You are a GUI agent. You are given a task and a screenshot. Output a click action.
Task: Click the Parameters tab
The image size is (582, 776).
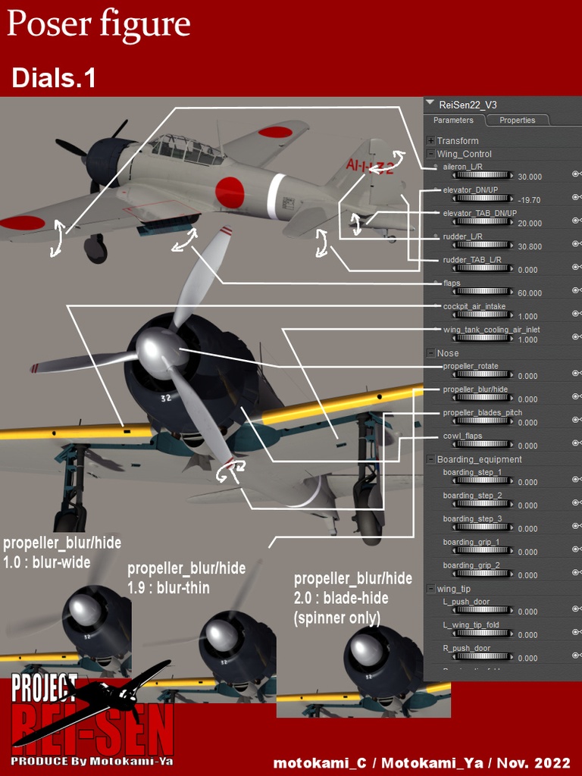point(453,120)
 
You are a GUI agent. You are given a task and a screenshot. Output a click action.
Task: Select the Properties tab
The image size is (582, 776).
point(517,120)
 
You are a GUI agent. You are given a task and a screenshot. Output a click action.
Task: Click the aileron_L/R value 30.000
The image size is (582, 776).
point(530,177)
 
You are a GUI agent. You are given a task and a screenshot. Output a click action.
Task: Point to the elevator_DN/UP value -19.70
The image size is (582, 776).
point(529,200)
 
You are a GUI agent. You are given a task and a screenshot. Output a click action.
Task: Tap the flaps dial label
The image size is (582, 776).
point(452,283)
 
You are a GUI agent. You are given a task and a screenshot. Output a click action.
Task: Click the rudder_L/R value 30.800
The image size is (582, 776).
point(530,246)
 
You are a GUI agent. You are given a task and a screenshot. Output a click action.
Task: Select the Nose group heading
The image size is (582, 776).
point(448,353)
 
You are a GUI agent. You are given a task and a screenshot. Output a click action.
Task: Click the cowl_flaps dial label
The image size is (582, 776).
point(462,436)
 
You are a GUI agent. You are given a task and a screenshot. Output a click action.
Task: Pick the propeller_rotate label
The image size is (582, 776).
point(471,366)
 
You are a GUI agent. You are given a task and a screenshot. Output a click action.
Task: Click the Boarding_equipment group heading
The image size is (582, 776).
point(479,459)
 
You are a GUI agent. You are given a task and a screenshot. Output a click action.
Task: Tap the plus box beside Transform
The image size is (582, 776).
point(431,141)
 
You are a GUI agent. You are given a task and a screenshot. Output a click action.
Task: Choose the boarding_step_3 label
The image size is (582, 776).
point(472,519)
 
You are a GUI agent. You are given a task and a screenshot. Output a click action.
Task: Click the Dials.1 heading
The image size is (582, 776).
point(54,78)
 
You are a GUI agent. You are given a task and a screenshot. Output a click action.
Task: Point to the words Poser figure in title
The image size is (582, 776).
point(99,25)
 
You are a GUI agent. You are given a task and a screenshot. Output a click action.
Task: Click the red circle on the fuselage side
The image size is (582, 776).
point(229,192)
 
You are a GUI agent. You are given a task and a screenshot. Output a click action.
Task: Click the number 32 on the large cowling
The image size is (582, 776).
point(165,397)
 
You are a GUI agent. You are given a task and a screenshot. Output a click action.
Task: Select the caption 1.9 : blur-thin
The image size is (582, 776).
point(168,587)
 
